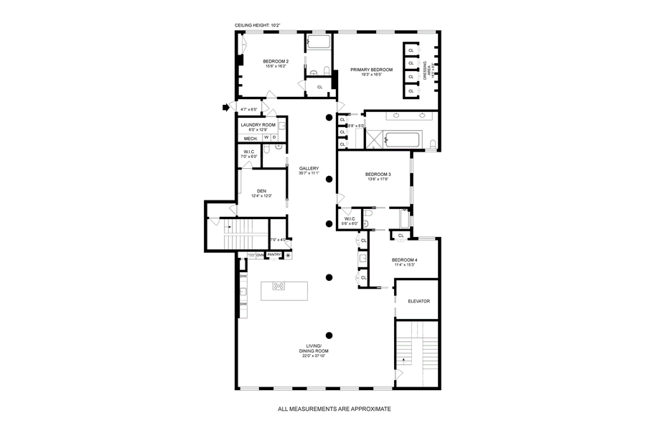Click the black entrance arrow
[x=225, y=108]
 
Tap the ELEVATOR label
[x=418, y=301]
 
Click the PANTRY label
[x=273, y=254]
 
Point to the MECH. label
[x=251, y=138]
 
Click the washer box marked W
[x=266, y=137]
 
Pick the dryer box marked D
[x=273, y=137]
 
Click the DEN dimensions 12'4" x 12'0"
[x=261, y=196]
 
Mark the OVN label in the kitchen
[x=261, y=254]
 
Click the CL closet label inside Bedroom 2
[x=319, y=87]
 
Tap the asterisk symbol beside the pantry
[x=289, y=255]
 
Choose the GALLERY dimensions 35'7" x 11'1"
[x=309, y=173]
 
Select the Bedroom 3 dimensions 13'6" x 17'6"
[x=378, y=180]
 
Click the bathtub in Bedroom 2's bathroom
[x=319, y=42]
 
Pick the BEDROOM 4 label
[x=405, y=260]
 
